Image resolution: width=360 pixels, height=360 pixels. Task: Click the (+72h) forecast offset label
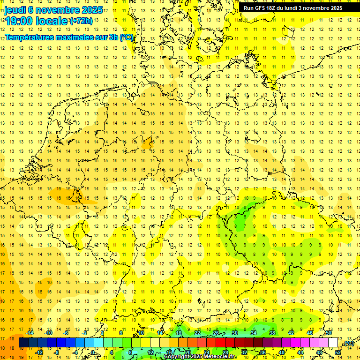pyautogui.click(x=81, y=21)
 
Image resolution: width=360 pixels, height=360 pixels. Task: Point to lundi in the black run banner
pyautogui.click(x=297, y=8)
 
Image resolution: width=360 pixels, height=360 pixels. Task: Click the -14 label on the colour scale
pyautogui.click(x=31, y=333)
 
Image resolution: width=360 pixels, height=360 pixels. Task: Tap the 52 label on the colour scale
pyautogui.click(x=338, y=352)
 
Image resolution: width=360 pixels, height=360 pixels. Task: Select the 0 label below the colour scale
pyautogui.click(x=93, y=352)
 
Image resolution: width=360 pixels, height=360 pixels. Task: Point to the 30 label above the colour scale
pyautogui.click(x=235, y=333)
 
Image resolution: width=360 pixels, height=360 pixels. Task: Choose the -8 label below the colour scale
pyautogui.click(x=57, y=352)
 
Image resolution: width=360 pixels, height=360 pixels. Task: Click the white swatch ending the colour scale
pyautogui.click(x=333, y=343)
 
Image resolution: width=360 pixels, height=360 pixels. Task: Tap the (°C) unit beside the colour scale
pyautogui.click(x=348, y=343)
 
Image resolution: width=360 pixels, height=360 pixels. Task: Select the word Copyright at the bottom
pyautogui.click(x=178, y=357)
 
